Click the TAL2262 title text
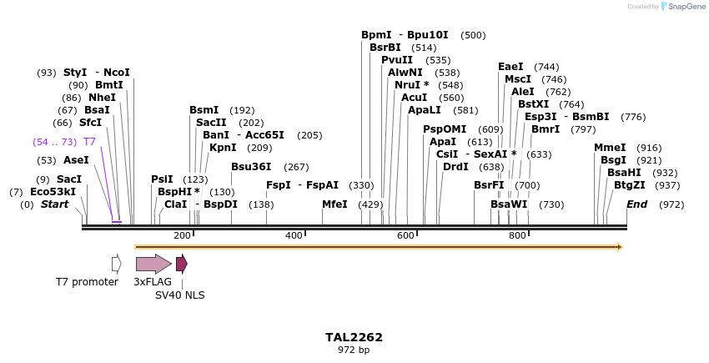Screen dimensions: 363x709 click(x=354, y=337)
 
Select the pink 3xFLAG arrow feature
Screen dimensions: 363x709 click(x=153, y=265)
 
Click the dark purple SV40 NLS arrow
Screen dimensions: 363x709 click(x=181, y=265)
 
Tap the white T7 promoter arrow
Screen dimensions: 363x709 click(x=117, y=265)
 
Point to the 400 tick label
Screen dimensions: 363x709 click(x=294, y=236)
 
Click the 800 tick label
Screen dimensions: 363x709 click(x=517, y=236)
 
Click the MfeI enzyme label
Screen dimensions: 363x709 click(x=334, y=204)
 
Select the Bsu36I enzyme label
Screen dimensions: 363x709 click(x=251, y=167)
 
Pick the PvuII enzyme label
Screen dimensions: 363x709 click(x=397, y=60)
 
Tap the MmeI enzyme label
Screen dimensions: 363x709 click(x=610, y=148)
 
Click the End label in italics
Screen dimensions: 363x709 click(x=636, y=204)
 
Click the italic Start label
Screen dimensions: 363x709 click(x=55, y=204)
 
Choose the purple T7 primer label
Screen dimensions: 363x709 click(x=89, y=142)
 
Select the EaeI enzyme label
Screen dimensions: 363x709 click(x=510, y=67)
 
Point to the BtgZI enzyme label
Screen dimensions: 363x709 click(x=630, y=185)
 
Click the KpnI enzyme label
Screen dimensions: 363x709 click(x=223, y=148)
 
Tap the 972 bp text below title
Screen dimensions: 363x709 click(x=354, y=350)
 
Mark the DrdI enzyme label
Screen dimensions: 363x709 click(x=455, y=167)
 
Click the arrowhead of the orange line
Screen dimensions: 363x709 click(x=620, y=247)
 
